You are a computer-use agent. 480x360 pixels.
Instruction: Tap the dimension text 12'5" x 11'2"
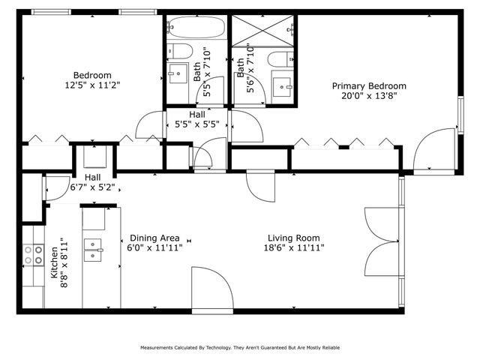[x=92, y=85]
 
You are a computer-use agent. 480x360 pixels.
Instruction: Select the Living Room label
[x=293, y=236]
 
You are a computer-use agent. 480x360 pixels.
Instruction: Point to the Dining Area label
[x=153, y=236]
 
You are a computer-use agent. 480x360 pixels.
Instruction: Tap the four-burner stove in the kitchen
[x=33, y=255]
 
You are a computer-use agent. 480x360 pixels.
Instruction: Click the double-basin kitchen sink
[x=94, y=249]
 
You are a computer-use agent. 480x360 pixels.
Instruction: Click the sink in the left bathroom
[x=178, y=73]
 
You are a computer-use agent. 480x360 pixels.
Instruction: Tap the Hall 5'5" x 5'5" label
[x=197, y=119]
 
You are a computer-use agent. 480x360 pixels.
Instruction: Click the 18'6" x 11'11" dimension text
[x=293, y=247]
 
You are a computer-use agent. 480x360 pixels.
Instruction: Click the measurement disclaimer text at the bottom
[x=239, y=348]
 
